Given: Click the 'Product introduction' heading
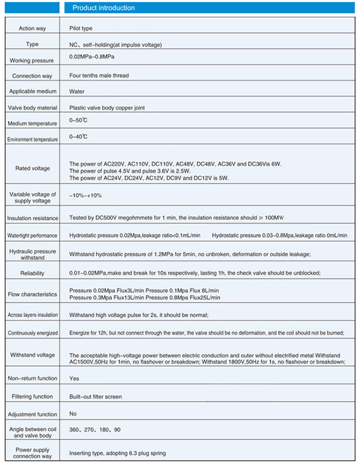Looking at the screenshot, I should coord(104,8).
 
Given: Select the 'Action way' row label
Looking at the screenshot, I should coord(32,28).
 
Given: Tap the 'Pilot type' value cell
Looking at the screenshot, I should coord(81,28).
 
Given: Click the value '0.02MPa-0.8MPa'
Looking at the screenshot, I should coord(92,57).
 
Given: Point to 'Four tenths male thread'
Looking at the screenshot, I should coord(99,76).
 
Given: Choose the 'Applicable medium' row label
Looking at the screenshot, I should coord(33,91).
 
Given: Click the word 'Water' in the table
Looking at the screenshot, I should coord(77,92).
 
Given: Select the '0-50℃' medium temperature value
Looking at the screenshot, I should coord(78,120).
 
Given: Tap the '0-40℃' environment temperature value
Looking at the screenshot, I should coord(78,137).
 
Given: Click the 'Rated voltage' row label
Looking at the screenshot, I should coord(32,168).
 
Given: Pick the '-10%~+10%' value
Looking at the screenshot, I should coord(86,195).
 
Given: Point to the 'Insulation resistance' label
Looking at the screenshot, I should coord(32,218).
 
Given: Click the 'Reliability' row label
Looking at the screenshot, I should coord(32,274).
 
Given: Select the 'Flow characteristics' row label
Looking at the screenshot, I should coord(32,294).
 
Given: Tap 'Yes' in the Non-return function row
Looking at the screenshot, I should coord(74,379).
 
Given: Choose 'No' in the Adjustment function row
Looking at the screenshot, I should coord(73,414).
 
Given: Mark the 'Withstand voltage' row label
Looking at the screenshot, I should coord(32,355).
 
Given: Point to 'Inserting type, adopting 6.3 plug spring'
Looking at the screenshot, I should coord(118,453).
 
